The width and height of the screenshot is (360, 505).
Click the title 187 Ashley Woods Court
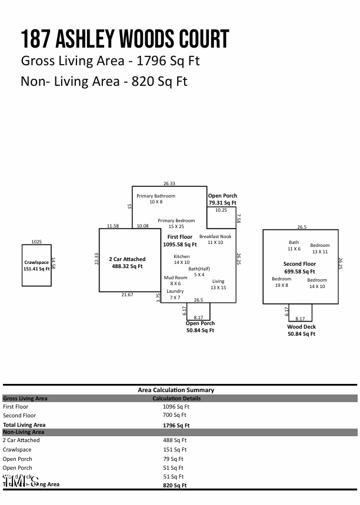[x=125, y=39]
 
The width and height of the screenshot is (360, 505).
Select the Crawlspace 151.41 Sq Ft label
[x=36, y=266]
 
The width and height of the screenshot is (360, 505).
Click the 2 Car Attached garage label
[x=127, y=263]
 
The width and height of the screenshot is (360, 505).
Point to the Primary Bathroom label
[x=156, y=199]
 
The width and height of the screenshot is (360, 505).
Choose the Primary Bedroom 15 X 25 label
[x=176, y=223]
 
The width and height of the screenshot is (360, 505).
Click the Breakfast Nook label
[x=215, y=239]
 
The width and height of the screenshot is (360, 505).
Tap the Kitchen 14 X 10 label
[x=182, y=259]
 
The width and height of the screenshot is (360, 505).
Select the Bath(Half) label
[x=199, y=272]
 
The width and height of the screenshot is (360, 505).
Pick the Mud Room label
[x=175, y=280]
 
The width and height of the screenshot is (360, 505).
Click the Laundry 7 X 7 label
[x=175, y=295]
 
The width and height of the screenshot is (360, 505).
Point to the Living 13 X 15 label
[x=218, y=285]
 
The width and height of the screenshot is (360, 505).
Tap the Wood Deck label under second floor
[x=301, y=330]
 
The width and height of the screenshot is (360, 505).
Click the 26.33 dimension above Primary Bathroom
[x=169, y=183]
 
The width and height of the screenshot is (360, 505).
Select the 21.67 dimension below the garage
[x=127, y=295]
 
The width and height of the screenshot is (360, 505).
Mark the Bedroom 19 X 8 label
[x=281, y=282]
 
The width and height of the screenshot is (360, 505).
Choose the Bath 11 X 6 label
[x=294, y=246]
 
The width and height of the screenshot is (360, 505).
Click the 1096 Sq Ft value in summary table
[x=176, y=406]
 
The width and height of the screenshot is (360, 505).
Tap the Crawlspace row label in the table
[x=17, y=450]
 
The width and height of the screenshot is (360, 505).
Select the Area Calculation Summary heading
[x=176, y=390]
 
